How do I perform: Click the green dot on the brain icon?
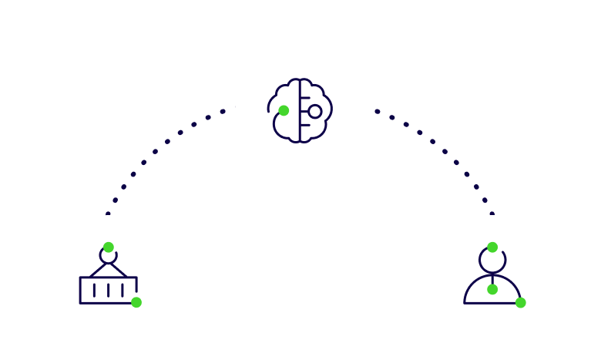pos(284,110)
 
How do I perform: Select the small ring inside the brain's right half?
pos(315,112)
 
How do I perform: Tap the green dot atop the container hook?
pos(109,247)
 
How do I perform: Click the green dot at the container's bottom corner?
pos(136,302)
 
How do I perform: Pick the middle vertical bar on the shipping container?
pos(108,290)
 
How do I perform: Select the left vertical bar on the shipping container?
pos(94,290)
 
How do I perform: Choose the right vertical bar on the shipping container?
pos(122,290)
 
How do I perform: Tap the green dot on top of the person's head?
pos(492,247)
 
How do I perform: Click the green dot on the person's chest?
pos(492,289)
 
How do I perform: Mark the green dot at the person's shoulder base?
pos(521,302)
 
